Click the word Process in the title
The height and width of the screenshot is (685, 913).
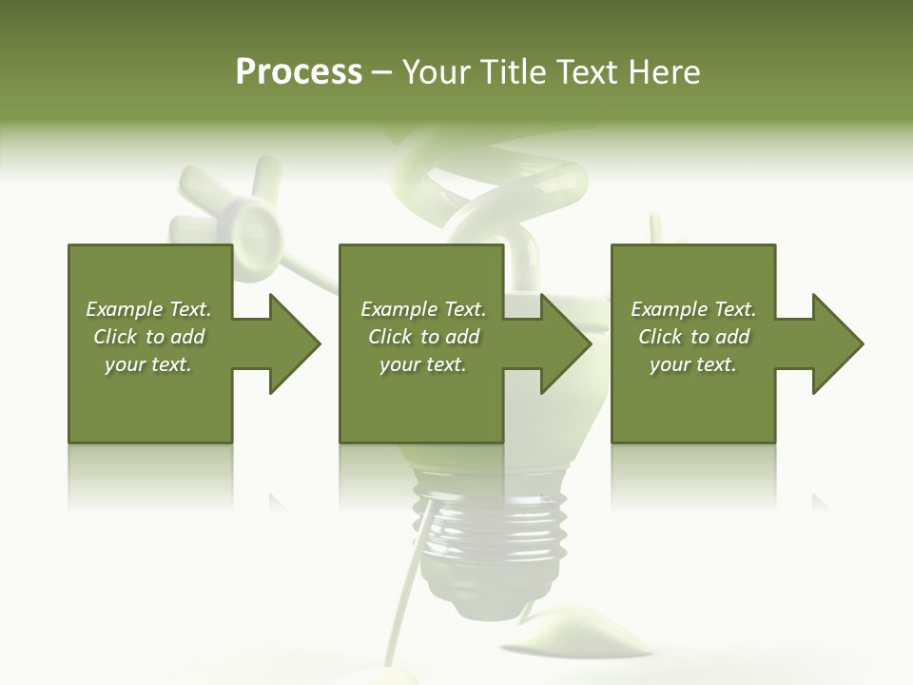(299, 71)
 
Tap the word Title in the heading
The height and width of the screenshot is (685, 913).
(516, 71)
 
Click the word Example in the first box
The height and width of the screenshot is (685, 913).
(124, 309)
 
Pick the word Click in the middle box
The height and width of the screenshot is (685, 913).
(388, 337)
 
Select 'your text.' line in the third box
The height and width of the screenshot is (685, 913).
(692, 364)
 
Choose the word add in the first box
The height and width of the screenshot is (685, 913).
(188, 337)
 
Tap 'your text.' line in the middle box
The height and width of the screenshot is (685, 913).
(422, 364)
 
